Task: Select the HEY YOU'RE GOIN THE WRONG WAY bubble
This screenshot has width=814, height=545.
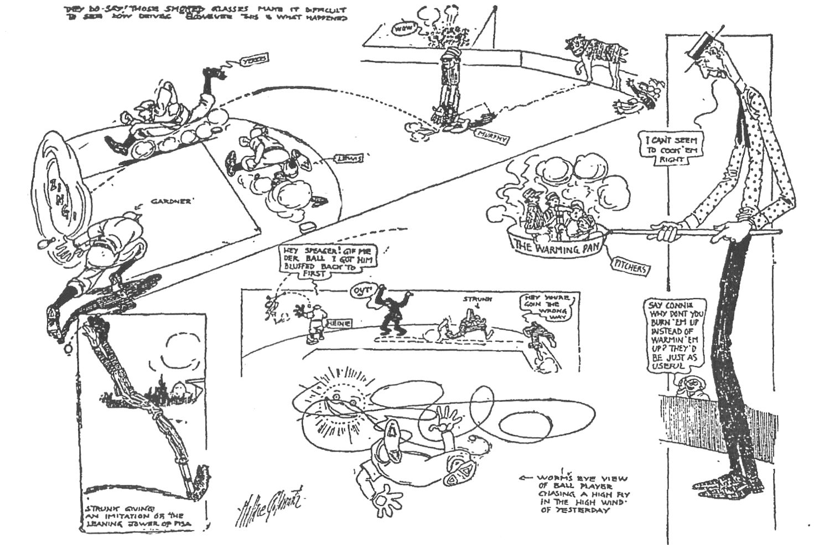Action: point(548,308)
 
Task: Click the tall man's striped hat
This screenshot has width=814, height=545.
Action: point(702,44)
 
